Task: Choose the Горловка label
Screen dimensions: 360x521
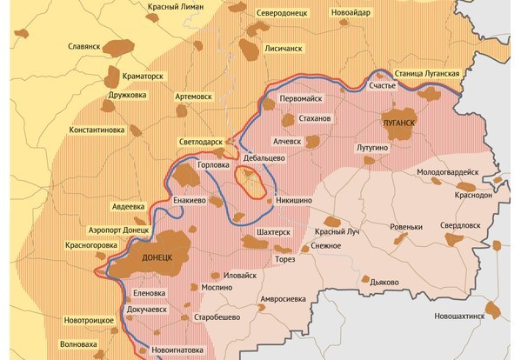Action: [214, 163]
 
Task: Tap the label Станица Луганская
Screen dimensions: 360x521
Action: [426, 74]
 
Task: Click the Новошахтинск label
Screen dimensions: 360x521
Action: [459, 316]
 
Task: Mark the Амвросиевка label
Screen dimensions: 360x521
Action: [284, 298]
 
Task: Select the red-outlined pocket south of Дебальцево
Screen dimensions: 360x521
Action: [252, 182]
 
